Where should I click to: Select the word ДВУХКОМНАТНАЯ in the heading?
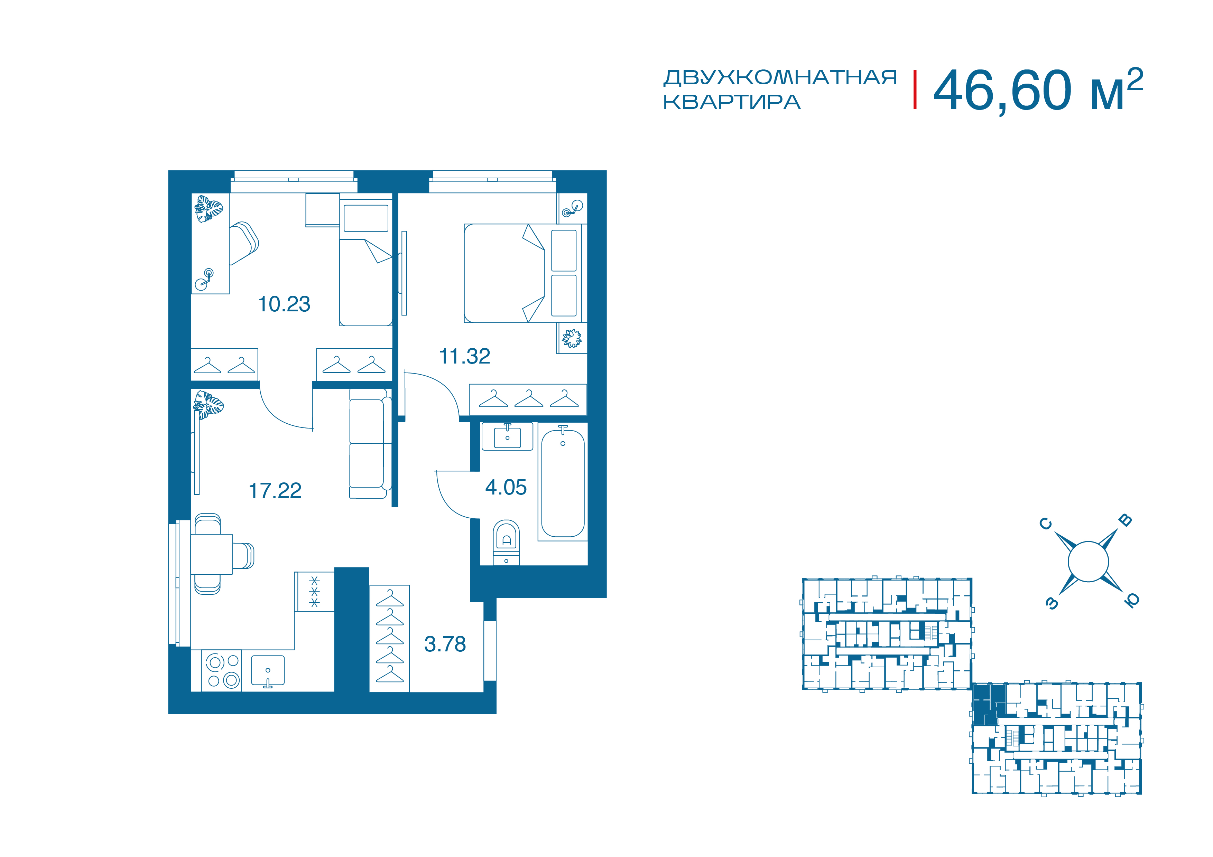point(780,78)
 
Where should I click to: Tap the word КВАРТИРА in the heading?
point(732,102)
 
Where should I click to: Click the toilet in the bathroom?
point(506,542)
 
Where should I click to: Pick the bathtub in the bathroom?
point(563,483)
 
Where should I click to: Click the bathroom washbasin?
point(507,437)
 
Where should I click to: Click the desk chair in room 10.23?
point(243,243)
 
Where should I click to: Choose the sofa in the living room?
point(370,444)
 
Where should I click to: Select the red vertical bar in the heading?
point(915,90)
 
